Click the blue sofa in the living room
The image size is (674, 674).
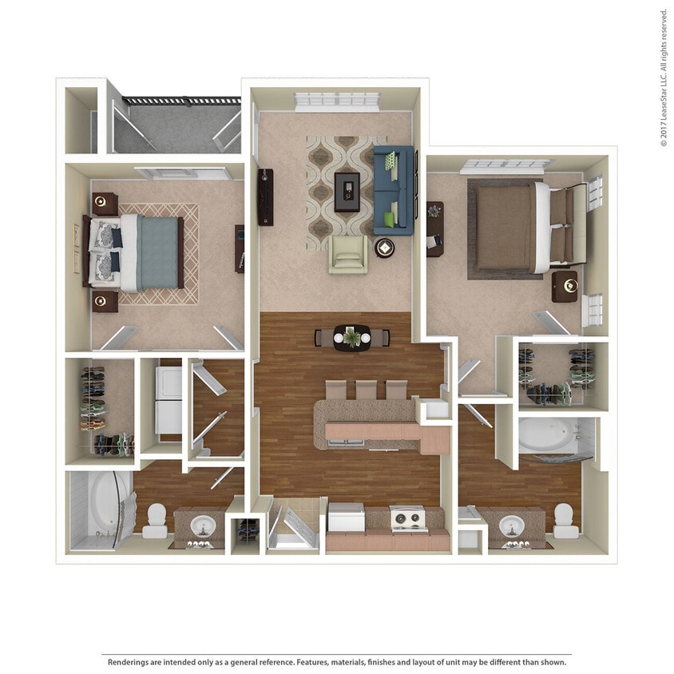[394, 190]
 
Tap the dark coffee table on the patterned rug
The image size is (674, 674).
[347, 192]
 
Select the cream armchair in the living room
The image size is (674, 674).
[348, 254]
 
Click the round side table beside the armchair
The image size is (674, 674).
[384, 248]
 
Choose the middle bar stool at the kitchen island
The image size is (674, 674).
[366, 390]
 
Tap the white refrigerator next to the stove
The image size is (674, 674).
[346, 519]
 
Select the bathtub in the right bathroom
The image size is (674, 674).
[546, 436]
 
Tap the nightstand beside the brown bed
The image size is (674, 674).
[565, 285]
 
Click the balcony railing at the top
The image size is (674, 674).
[180, 101]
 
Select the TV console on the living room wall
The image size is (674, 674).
[265, 197]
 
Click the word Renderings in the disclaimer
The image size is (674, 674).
[129, 662]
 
